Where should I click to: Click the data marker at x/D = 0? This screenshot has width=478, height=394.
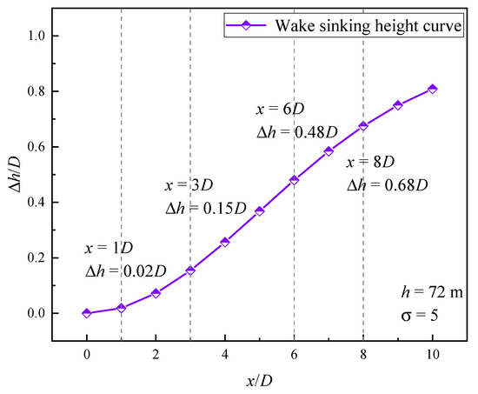coord(87,313)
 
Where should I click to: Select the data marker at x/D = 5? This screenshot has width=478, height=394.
coord(260,211)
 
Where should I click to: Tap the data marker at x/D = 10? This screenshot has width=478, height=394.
coord(432,89)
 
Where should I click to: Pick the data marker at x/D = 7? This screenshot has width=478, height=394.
coord(329,151)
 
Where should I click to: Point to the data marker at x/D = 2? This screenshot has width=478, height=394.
coord(156,293)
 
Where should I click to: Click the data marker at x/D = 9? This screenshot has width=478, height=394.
coord(398,105)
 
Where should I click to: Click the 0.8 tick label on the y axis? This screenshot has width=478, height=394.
coord(48,91)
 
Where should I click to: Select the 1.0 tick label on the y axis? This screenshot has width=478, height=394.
coord(48,36)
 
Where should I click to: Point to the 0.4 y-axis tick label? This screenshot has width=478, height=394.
coord(48,203)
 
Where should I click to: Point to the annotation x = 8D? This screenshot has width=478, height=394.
coord(371,163)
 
